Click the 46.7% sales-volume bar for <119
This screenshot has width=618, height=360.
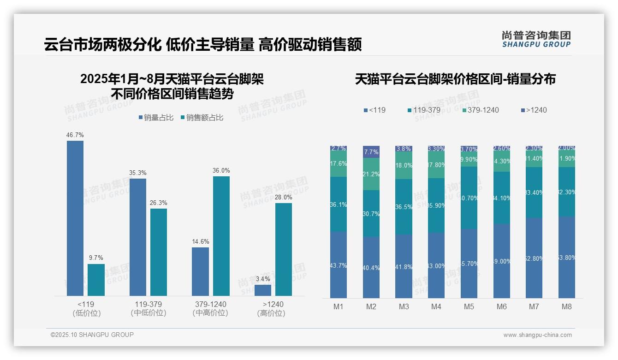[x=75, y=218]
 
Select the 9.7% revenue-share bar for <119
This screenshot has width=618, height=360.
[x=96, y=280]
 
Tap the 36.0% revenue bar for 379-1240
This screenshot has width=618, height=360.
[x=221, y=236]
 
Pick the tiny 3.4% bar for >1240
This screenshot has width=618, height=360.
[x=263, y=290]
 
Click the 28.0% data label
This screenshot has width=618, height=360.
[x=284, y=197]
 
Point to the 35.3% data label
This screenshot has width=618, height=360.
[x=137, y=173]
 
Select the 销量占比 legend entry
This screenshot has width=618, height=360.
[x=156, y=118]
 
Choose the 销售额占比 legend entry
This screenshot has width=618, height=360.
[x=202, y=118]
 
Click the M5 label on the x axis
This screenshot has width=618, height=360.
[x=469, y=306]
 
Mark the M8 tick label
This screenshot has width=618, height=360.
[x=567, y=306]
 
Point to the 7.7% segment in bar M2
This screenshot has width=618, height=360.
[x=371, y=152]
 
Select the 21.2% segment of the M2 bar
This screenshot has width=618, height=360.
[x=371, y=174]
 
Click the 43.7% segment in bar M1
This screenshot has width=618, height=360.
[x=339, y=265]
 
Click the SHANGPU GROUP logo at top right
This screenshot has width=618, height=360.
[x=536, y=39]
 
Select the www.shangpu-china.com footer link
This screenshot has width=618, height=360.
[x=537, y=335]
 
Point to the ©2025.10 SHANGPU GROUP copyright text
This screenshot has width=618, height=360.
[x=92, y=335]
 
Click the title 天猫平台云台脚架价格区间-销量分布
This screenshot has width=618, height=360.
[x=455, y=79]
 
